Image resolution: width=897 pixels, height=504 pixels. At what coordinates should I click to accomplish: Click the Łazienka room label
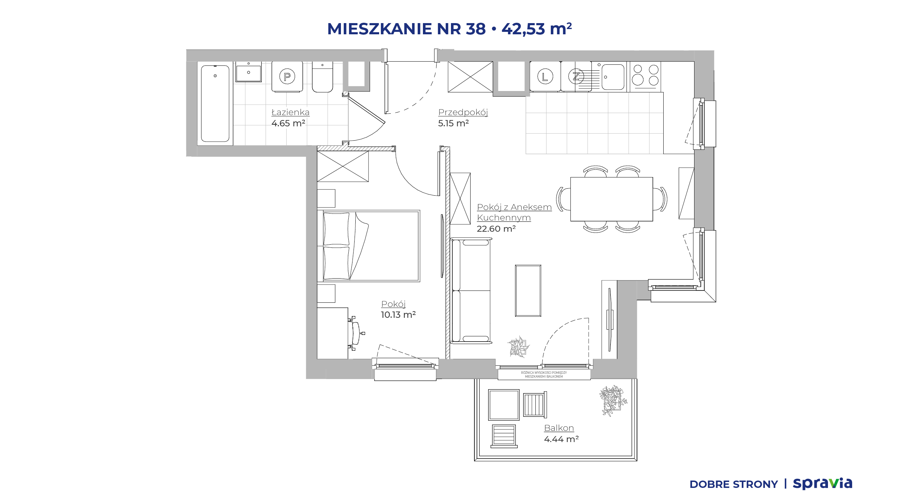coord(290,112)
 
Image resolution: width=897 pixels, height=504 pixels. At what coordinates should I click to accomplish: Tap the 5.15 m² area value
coord(453,123)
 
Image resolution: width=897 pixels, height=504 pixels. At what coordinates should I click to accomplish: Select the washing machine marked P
coord(287,77)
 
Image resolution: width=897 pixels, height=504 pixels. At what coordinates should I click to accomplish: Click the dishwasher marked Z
coord(576,76)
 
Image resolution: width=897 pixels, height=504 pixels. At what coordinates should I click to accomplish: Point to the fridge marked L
coord(545,76)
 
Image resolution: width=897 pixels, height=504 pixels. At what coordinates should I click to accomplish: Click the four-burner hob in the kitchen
coord(645,77)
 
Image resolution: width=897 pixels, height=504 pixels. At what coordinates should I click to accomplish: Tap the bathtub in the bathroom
coord(215,104)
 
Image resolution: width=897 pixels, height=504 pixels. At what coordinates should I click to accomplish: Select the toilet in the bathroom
coord(322,77)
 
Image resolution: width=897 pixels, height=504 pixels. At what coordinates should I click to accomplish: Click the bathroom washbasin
coord(248,72)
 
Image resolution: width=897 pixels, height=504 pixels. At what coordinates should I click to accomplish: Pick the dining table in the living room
coord(611,199)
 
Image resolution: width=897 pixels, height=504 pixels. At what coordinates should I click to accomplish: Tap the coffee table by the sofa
coord(528,290)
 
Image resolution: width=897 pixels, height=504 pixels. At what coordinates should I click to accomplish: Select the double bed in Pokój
coord(369,246)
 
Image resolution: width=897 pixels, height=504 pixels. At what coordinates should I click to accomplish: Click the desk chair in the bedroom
coord(356,333)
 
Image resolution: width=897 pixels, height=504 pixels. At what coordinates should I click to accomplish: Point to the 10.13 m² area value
coord(398,315)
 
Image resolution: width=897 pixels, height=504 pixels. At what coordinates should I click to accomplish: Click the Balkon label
coord(559,428)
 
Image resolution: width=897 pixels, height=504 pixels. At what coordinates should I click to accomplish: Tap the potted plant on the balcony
coord(613,400)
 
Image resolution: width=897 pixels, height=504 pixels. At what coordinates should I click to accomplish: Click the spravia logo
coord(822,484)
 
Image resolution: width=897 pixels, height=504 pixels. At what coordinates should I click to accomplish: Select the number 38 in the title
coord(476,29)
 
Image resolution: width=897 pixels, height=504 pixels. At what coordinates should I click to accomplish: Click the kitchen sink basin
coord(613,77)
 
